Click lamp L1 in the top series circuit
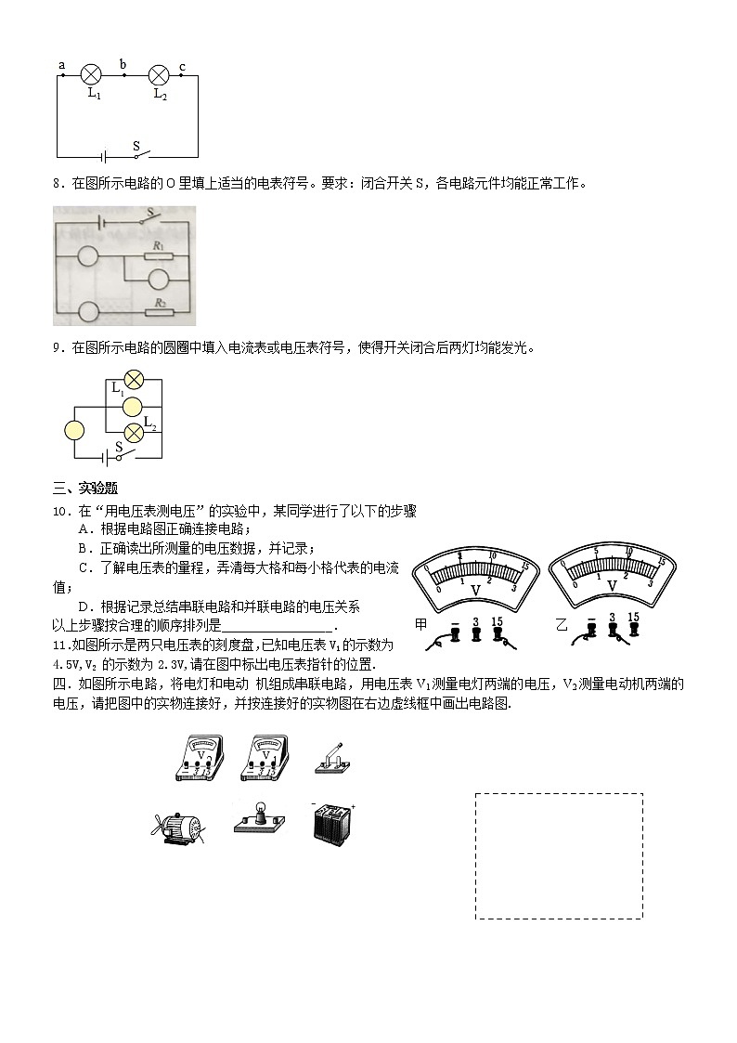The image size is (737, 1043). (x=92, y=75)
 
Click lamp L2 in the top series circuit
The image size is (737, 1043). (x=159, y=75)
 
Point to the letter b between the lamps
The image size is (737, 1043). (x=123, y=64)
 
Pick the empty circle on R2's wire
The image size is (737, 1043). (x=88, y=311)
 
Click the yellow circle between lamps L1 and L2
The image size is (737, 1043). (x=134, y=405)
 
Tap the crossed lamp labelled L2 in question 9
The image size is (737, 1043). (x=134, y=430)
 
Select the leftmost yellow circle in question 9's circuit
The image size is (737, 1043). (x=74, y=430)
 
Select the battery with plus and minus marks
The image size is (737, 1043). (x=332, y=822)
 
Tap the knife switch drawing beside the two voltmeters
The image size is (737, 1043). (x=332, y=757)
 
